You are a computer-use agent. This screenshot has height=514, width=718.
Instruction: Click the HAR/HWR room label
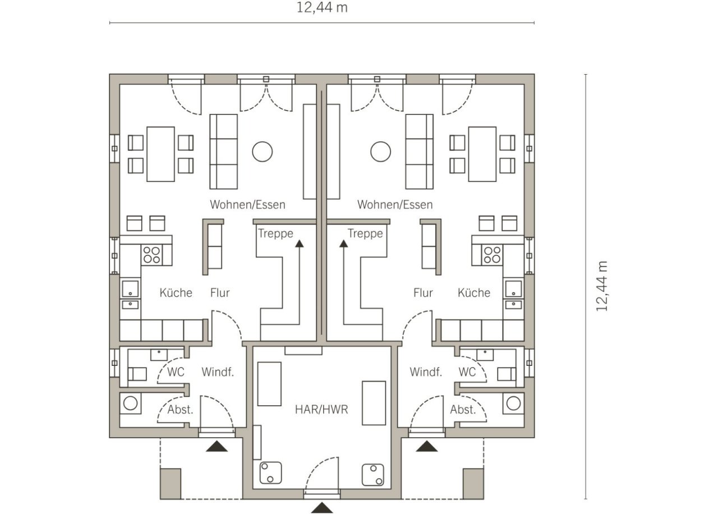321,410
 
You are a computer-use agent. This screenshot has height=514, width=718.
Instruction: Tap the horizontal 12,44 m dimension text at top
322,7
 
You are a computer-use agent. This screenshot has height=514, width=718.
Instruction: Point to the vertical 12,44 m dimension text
602,286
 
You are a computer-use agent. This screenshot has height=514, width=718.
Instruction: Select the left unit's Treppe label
275,233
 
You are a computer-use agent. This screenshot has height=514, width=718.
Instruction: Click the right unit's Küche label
474,292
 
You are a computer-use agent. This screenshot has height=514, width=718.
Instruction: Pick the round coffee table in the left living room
262,152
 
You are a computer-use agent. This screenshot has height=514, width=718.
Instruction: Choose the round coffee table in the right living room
380,152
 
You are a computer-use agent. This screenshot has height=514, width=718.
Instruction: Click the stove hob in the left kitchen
151,255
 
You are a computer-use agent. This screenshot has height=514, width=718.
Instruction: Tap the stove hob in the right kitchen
492,255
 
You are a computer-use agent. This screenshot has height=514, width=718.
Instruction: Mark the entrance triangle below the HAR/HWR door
322,508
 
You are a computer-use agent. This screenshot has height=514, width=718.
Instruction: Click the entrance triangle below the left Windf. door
217,446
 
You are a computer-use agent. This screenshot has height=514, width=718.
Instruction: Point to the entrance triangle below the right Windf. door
427,446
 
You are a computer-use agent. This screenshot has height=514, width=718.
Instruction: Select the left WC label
176,372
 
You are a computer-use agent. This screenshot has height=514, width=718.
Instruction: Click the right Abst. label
463,410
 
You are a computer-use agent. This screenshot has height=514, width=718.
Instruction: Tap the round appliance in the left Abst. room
130,403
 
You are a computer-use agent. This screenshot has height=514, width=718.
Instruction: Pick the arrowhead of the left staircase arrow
299,244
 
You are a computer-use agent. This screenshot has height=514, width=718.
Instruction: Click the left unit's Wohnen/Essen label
247,205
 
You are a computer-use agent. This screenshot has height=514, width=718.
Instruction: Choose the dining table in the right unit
482,154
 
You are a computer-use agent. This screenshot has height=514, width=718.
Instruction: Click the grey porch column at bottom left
171,484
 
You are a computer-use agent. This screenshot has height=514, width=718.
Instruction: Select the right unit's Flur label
423,292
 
